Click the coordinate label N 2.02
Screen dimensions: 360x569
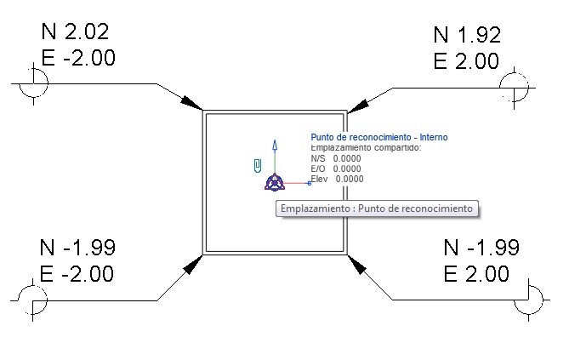point(75,33)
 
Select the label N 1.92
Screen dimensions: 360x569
point(467,36)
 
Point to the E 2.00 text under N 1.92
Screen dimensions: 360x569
point(466,61)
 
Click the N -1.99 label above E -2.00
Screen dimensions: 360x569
point(77,248)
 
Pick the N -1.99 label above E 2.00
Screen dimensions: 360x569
point(481,248)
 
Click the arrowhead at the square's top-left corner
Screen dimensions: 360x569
point(192,102)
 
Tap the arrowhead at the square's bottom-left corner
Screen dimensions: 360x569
point(193,263)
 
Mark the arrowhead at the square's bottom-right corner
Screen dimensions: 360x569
point(358,263)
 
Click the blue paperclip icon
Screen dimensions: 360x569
point(257,165)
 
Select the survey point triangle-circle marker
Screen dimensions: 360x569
point(274,181)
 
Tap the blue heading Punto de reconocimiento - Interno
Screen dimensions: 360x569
point(378,137)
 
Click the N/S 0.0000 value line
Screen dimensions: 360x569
point(336,158)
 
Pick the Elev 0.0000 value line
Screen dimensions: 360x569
point(338,179)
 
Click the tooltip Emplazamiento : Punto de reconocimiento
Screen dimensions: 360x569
point(377,209)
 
